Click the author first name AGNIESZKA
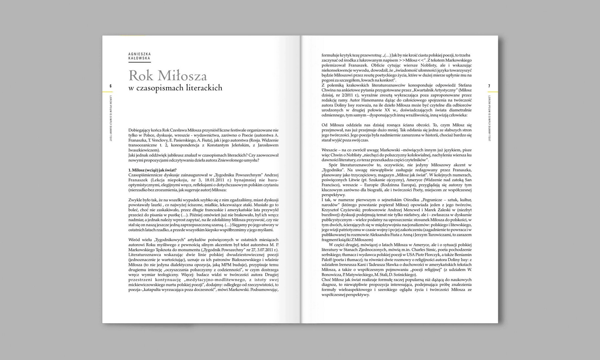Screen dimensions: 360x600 click(139, 54)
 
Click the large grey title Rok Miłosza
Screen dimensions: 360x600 click(168, 76)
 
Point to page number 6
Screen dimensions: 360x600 click(111, 86)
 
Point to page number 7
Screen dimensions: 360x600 click(489, 86)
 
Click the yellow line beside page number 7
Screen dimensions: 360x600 click(493, 92)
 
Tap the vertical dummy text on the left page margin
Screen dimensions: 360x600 click(111, 118)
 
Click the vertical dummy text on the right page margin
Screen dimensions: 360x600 click(489, 118)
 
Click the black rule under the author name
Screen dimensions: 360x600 click(139, 62)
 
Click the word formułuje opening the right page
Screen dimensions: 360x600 click(331, 55)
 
